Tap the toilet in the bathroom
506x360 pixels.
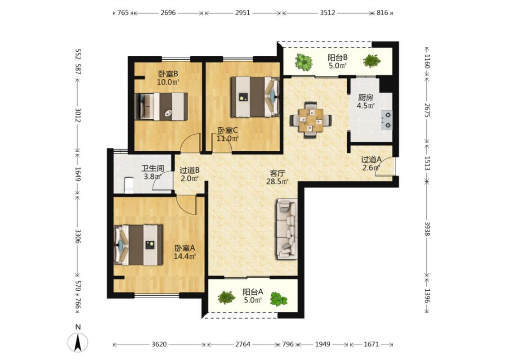pyautogui.click(x=129, y=185)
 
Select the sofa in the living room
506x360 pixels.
pyautogui.click(x=287, y=229)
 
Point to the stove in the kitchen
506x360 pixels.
pyautogui.click(x=387, y=120)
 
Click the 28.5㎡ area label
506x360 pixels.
pyautogui.click(x=277, y=182)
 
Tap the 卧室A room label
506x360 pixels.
pyautogui.click(x=185, y=248)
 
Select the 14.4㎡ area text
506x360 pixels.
pyautogui.click(x=185, y=256)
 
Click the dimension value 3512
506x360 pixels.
pyautogui.click(x=327, y=13)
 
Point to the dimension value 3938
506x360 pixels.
pyautogui.click(x=427, y=228)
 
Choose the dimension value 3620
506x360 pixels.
pyautogui.click(x=159, y=344)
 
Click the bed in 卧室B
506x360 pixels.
pyautogui.click(x=161, y=107)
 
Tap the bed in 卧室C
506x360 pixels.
pyautogui.click(x=255, y=97)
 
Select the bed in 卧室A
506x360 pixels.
pyautogui.click(x=139, y=245)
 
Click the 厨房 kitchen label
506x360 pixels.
pyautogui.click(x=366, y=97)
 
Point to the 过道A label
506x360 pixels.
pyautogui.click(x=371, y=159)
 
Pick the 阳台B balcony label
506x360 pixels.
pyautogui.click(x=337, y=58)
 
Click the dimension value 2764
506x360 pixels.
pyautogui.click(x=243, y=344)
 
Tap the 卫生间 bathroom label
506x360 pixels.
pyautogui.click(x=153, y=168)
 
